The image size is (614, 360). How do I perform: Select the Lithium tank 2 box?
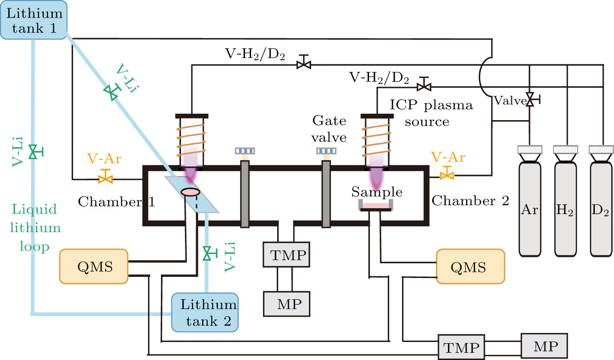[x=205, y=312]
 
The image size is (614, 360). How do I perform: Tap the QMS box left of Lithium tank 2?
[x=94, y=266]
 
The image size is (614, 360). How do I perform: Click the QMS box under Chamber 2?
[x=470, y=266]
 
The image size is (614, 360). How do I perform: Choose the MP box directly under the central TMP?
[x=286, y=303]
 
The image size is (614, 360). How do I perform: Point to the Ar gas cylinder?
[x=530, y=210]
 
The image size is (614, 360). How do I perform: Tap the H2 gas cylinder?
[x=566, y=210]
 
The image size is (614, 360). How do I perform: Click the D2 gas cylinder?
[x=602, y=210]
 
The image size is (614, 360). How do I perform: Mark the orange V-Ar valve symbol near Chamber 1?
[x=104, y=177]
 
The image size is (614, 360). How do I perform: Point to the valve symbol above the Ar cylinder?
[x=531, y=100]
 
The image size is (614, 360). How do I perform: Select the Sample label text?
[x=376, y=191]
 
